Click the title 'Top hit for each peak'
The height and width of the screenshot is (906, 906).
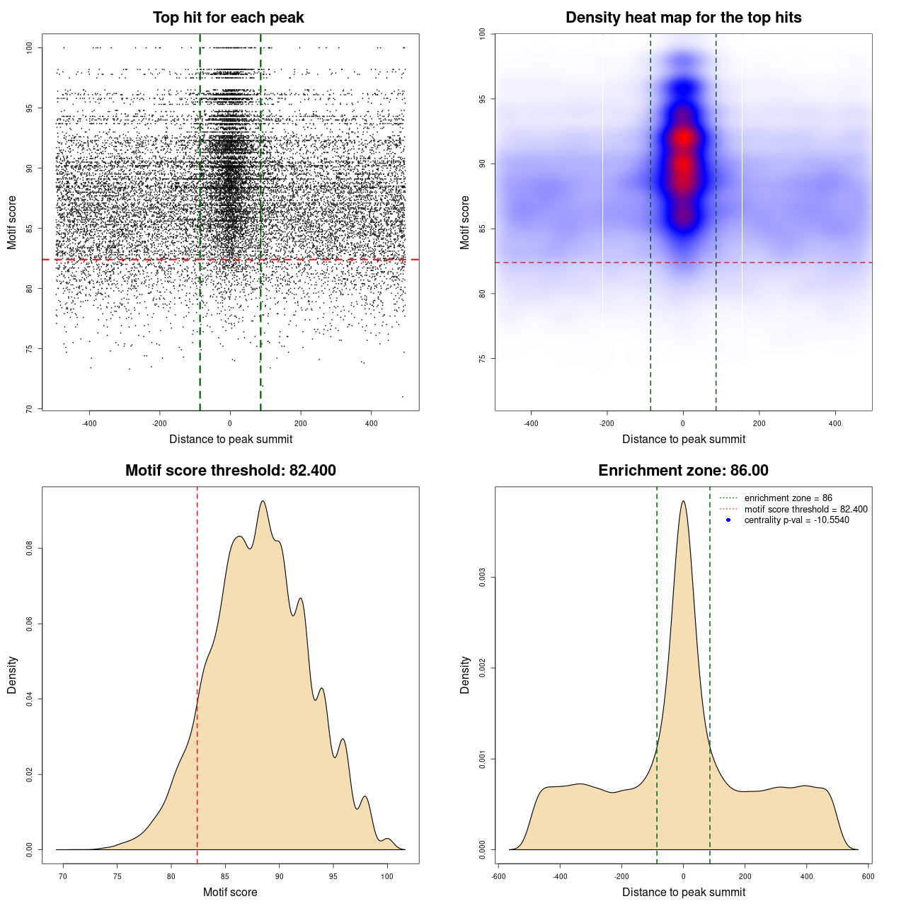tap(228, 18)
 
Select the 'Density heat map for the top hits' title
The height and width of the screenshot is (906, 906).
tap(683, 18)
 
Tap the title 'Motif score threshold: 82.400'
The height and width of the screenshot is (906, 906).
tap(230, 471)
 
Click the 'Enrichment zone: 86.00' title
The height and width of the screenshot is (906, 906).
tap(683, 471)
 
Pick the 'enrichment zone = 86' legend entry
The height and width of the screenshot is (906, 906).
tap(788, 498)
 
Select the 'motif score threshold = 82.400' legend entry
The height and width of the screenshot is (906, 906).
tap(805, 510)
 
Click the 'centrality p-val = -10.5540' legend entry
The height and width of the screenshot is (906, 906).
tap(796, 520)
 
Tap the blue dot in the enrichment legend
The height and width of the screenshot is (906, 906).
tap(728, 520)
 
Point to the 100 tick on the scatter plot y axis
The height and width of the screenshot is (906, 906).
tap(30, 47)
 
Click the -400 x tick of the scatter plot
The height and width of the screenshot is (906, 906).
tap(89, 423)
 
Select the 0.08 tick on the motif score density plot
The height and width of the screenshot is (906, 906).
tap(29, 549)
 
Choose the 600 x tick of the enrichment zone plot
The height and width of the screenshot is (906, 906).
tap(868, 876)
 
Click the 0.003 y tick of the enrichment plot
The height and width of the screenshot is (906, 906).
tap(483, 578)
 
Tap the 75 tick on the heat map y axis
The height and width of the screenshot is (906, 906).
tap(483, 359)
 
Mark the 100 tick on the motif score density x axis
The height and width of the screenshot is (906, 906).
tap(386, 876)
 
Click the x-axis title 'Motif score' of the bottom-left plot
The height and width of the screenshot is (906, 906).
tap(230, 892)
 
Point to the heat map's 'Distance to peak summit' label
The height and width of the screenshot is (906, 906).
tap(683, 439)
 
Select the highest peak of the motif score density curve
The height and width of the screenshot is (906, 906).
tap(263, 501)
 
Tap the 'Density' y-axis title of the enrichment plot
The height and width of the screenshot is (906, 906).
tap(465, 675)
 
